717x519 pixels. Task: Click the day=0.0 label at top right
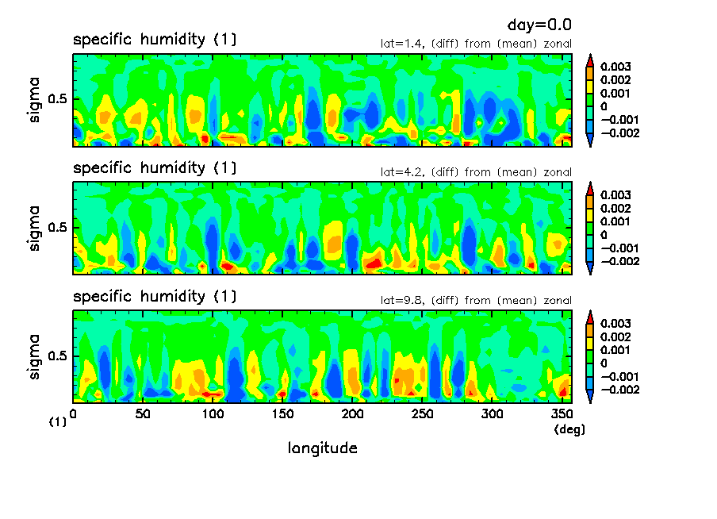[539, 25]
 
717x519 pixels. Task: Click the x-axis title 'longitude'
[322, 448]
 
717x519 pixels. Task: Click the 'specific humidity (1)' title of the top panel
[155, 40]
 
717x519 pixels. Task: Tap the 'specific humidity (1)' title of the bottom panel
[155, 297]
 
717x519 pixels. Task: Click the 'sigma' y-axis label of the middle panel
[34, 229]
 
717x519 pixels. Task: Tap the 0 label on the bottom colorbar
[604, 363]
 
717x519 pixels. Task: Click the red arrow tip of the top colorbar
[589, 57]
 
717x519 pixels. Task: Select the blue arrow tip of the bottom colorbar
[589, 399]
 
